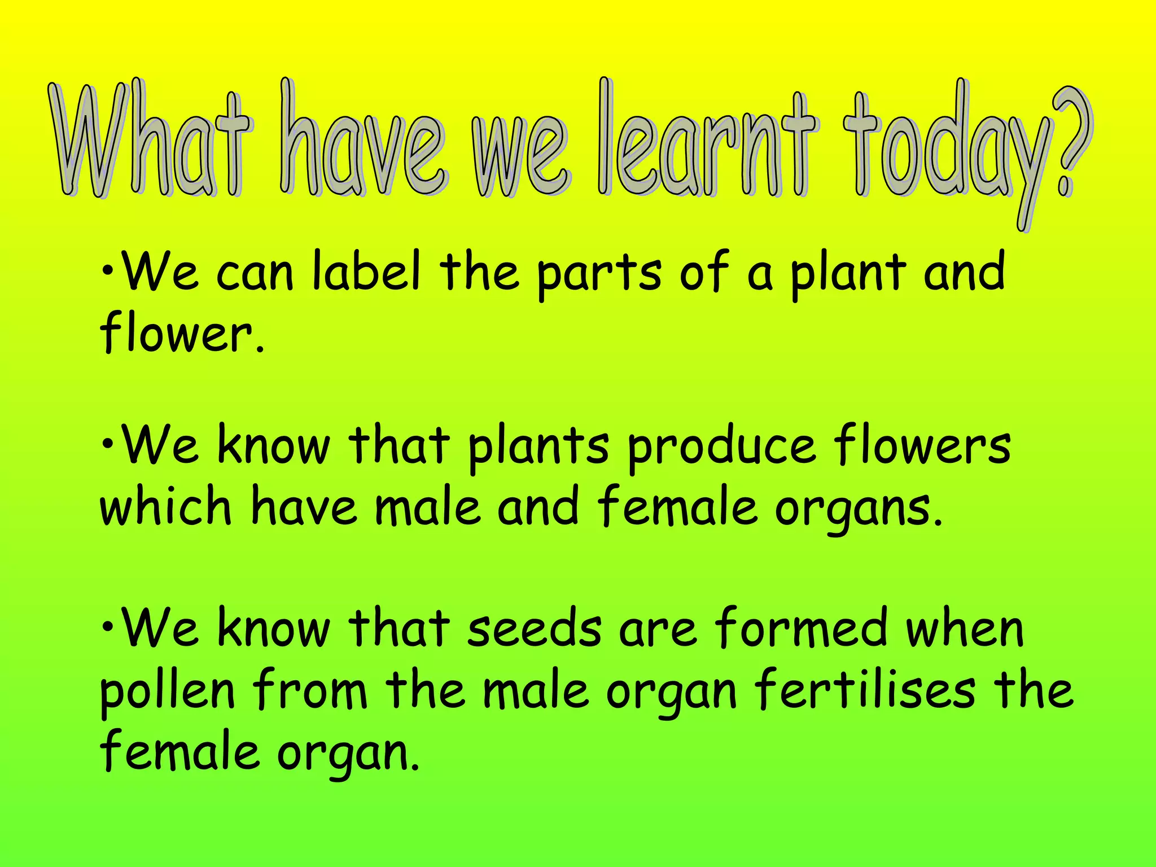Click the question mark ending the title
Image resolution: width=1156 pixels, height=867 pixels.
tap(1070, 144)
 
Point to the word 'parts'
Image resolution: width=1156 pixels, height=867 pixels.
tap(598, 274)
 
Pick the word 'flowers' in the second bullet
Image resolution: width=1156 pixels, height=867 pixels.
tap(922, 446)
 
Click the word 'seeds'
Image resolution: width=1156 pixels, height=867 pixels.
tap(534, 629)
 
